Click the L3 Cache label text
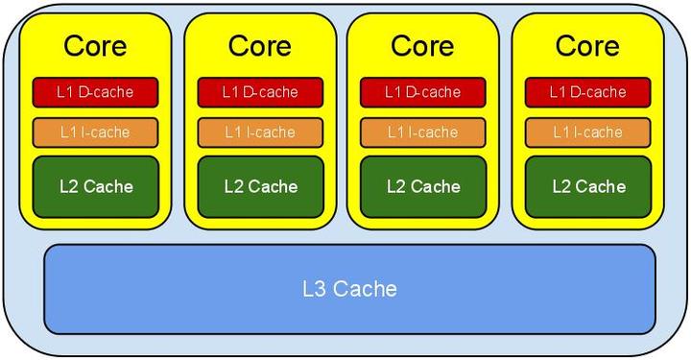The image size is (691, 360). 349,289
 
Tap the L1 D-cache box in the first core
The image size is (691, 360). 95,92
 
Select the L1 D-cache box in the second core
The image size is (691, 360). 260,92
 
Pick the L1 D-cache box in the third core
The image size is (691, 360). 423,92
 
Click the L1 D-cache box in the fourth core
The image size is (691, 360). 588,92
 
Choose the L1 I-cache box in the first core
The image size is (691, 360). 95,132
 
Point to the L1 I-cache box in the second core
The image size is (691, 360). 260,132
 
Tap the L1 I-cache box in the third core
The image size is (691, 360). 423,132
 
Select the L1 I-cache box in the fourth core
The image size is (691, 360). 588,132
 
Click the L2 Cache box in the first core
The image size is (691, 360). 96,187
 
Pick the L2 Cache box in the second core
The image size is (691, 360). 260,187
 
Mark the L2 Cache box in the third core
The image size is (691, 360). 423,187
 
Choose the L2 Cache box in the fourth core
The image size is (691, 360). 588,187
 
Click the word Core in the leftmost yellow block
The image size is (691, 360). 95,46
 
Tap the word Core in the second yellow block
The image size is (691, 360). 260,46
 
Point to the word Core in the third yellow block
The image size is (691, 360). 422,46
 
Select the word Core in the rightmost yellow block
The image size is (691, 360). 587,46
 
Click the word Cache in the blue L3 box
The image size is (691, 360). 365,289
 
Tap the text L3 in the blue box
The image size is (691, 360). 315,289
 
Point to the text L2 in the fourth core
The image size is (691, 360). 561,187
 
